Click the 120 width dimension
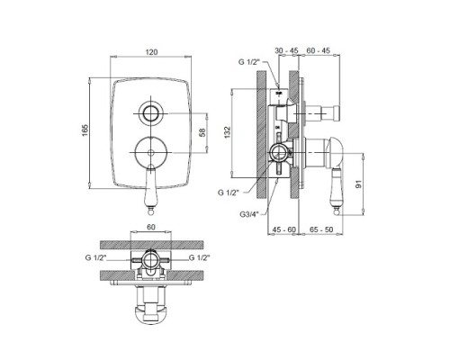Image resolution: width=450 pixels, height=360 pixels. (x=151, y=51)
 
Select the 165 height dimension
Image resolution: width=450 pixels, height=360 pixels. (x=85, y=130)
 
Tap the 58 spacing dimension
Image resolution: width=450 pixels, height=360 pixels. (x=202, y=132)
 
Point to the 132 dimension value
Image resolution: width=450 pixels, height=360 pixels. (x=228, y=131)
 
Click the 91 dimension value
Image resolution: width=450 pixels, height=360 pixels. (x=359, y=184)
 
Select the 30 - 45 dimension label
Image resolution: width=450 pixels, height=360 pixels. (x=286, y=50)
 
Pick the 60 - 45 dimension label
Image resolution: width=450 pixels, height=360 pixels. (x=318, y=50)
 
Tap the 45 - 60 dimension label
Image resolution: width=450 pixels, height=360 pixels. (x=283, y=229)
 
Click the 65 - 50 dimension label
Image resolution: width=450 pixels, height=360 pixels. (x=321, y=229)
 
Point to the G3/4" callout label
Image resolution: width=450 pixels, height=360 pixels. (x=249, y=214)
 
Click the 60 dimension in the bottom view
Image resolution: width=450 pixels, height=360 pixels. (x=151, y=227)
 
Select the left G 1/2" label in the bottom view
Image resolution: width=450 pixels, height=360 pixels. (x=95, y=257)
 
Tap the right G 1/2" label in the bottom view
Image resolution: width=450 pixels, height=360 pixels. (x=199, y=257)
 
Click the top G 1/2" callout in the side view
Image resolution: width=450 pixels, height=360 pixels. (x=248, y=62)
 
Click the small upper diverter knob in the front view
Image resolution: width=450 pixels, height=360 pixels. (x=151, y=113)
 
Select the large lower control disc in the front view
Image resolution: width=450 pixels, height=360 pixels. (x=151, y=152)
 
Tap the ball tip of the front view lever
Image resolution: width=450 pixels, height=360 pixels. (x=150, y=212)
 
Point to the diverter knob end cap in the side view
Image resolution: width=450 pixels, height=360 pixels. (x=337, y=113)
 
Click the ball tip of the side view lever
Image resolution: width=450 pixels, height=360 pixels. (x=337, y=212)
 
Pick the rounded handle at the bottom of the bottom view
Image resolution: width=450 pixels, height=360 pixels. (x=151, y=314)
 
